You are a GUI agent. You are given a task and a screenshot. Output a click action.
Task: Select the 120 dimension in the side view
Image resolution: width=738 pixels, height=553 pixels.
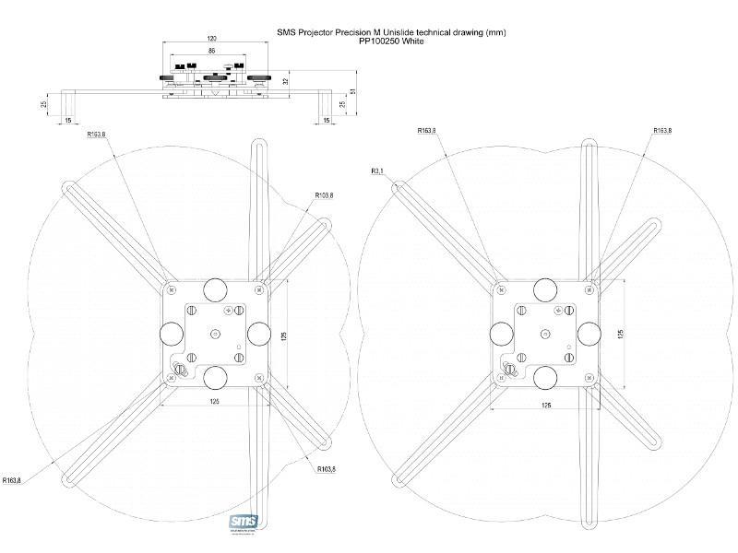tap(211, 39)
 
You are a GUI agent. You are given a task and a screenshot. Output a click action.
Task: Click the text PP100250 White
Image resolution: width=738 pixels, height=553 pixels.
tap(391, 41)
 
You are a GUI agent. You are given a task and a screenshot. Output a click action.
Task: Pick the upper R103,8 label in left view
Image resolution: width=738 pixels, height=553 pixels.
tap(324, 195)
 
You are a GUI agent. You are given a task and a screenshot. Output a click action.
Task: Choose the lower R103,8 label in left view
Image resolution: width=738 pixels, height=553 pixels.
tap(327, 469)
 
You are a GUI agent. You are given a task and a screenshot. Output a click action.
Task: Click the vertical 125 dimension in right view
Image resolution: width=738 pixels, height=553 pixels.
tap(623, 333)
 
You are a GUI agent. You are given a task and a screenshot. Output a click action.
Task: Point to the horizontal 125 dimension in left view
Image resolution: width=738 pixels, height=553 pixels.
tap(214, 403)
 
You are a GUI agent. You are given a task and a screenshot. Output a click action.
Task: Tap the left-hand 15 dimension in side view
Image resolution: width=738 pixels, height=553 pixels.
tap(67, 120)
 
